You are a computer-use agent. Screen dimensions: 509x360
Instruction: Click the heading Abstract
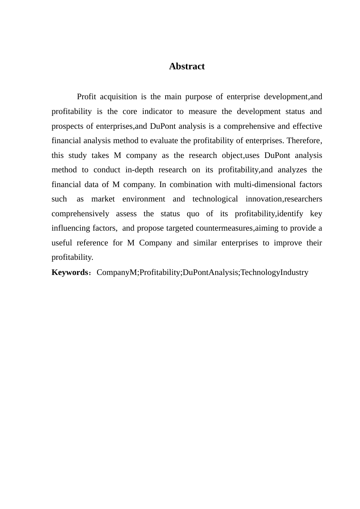point(187,67)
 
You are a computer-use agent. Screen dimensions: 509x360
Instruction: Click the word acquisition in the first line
point(118,97)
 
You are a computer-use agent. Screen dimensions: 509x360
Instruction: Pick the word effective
point(307,126)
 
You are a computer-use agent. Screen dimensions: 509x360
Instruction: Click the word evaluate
point(164,141)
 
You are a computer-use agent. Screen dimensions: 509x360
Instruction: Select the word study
point(78,156)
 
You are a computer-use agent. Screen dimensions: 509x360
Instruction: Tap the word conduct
point(107,170)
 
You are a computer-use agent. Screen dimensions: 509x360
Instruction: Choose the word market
point(103,199)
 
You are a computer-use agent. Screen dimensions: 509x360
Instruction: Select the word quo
point(193,214)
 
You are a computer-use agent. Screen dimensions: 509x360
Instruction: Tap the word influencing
point(71,228)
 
